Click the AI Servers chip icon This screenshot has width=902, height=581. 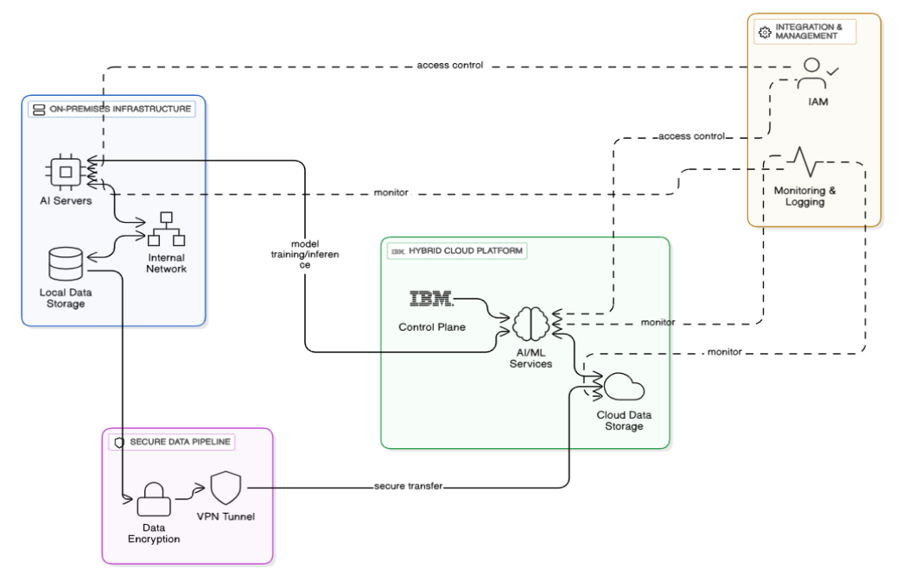tap(65, 171)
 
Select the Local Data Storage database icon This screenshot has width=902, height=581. tap(65, 263)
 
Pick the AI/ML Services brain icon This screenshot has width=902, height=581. tap(530, 326)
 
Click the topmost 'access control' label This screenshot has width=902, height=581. tap(449, 65)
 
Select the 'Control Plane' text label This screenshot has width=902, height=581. tap(432, 327)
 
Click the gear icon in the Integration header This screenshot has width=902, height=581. tap(763, 32)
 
